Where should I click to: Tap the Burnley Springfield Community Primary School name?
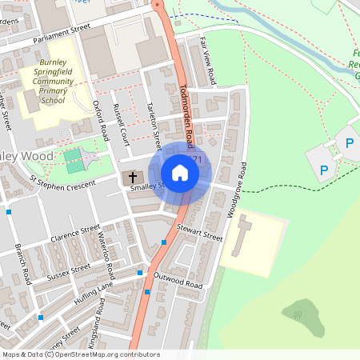(51, 81)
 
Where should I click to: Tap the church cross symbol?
(132, 177)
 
